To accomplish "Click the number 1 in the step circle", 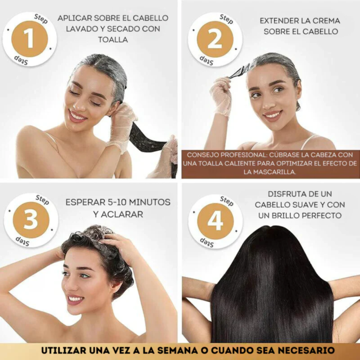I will [29, 39].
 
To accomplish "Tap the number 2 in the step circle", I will [215, 39].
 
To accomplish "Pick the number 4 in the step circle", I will [215, 221].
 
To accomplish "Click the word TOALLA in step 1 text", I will [113, 40].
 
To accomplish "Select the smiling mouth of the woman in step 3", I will [75, 299].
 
